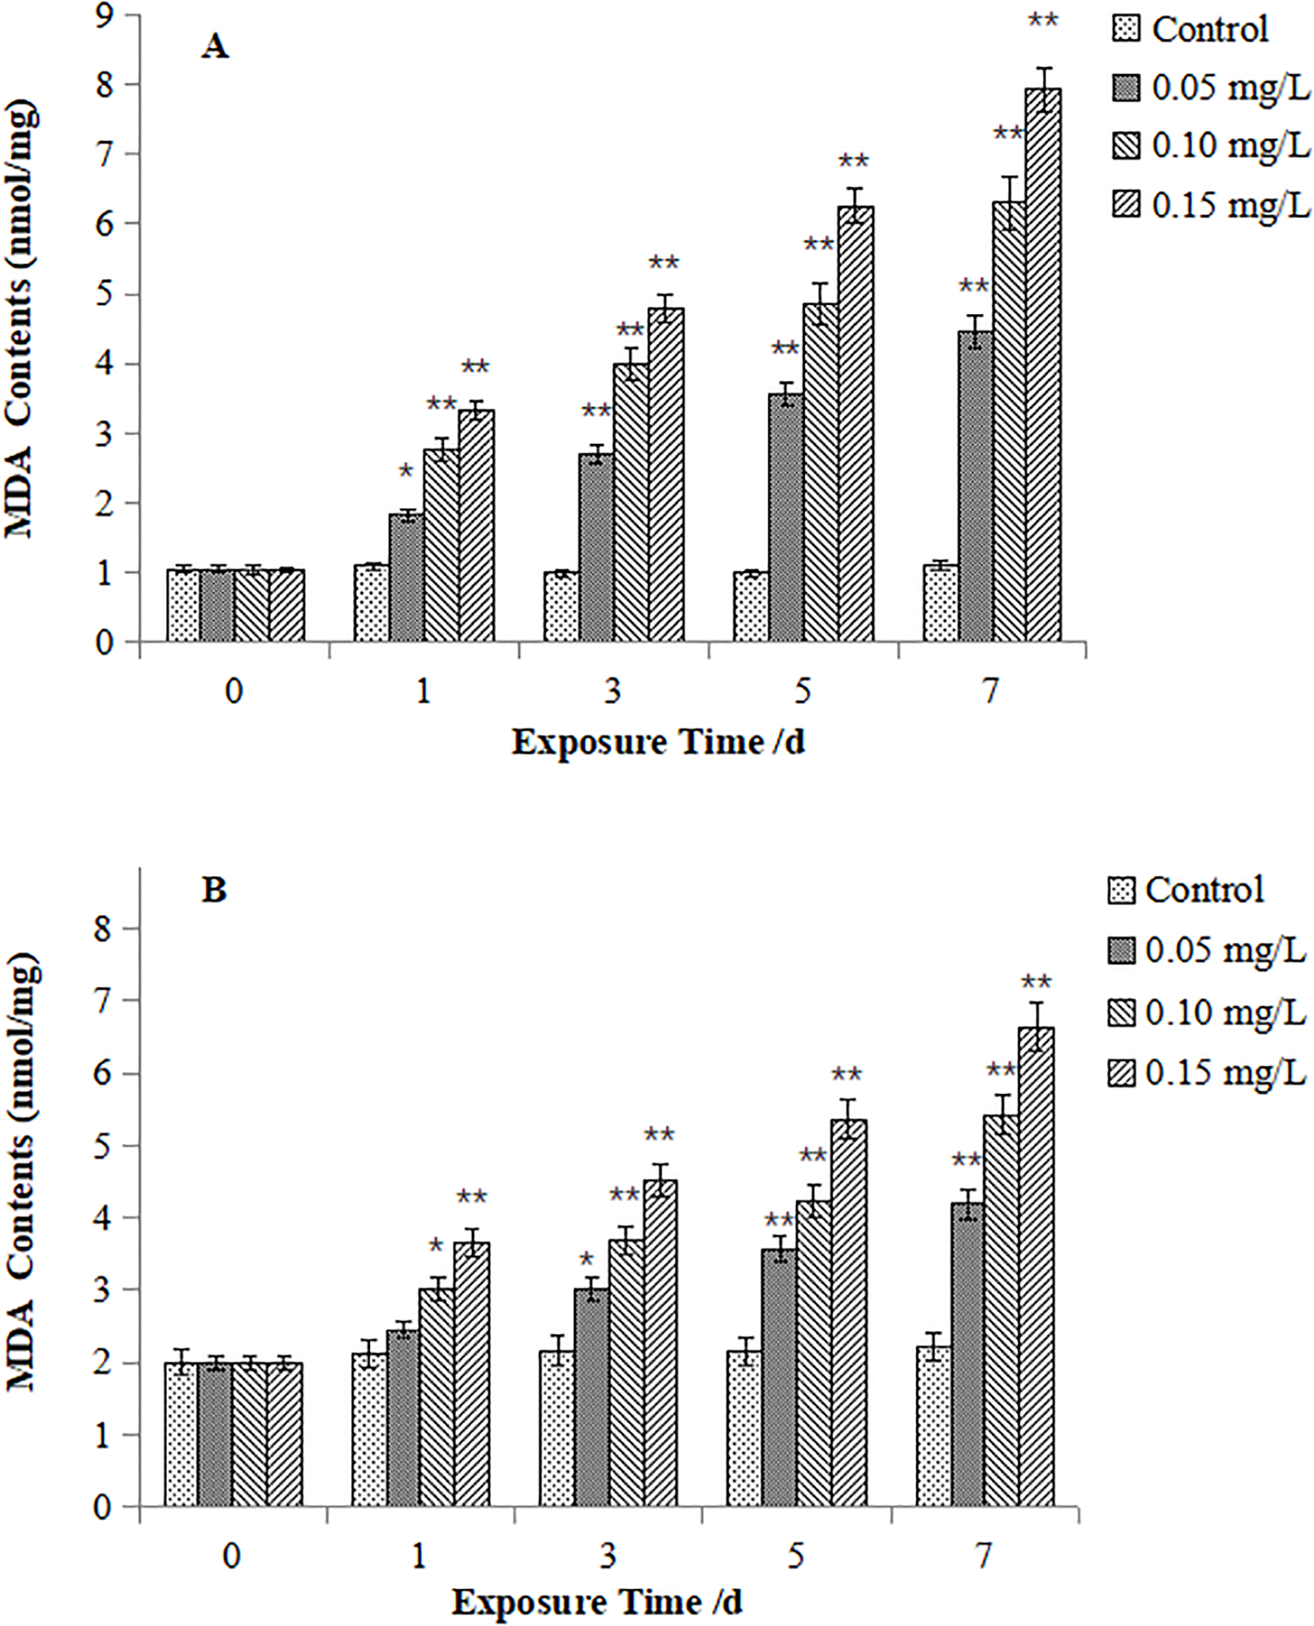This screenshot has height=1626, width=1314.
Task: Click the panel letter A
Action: click(x=214, y=45)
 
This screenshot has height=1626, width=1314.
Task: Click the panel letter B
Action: click(x=214, y=890)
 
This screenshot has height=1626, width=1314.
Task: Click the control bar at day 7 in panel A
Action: click(x=940, y=603)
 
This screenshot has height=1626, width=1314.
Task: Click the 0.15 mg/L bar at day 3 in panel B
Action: click(x=660, y=1343)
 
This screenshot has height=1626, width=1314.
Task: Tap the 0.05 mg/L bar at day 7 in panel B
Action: click(x=968, y=1354)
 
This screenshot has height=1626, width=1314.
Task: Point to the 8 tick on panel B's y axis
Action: click(x=103, y=929)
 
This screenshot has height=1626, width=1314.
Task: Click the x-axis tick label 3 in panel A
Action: click(x=613, y=691)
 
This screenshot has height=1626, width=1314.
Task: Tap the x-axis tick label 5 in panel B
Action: click(x=797, y=1555)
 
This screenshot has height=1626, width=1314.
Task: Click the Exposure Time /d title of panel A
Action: click(x=657, y=743)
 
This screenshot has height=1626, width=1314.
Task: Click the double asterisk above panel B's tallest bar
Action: click(x=1036, y=983)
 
